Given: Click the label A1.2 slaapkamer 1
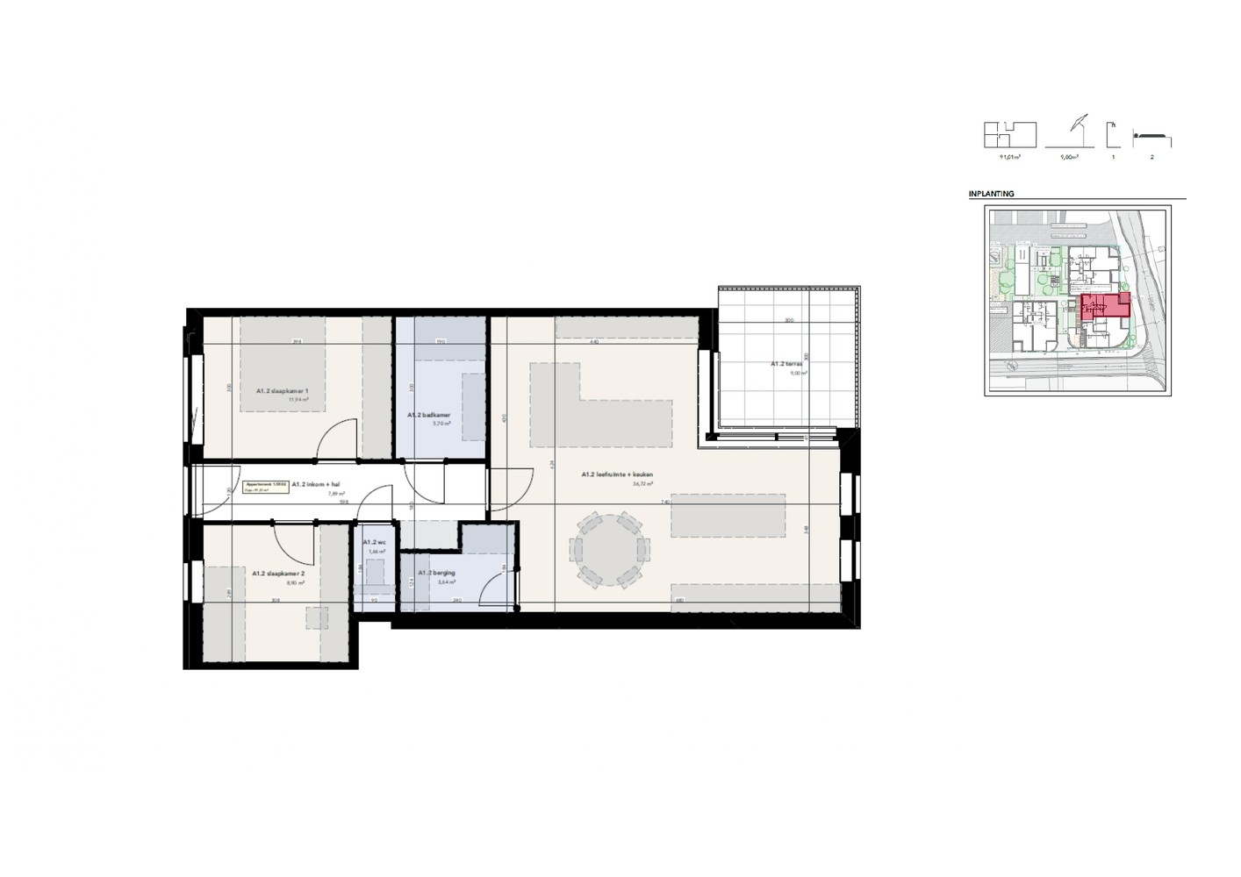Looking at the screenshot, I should (282, 390).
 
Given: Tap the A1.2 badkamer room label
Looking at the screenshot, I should (428, 415).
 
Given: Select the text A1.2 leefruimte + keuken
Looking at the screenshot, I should (617, 474).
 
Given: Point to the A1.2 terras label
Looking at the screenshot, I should (787, 363).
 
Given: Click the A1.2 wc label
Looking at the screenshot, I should (374, 543).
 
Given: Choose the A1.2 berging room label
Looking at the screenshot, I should (435, 573).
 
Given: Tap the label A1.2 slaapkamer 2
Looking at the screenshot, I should (277, 574).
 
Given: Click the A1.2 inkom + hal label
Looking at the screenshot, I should (315, 483).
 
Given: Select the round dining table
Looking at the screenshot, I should (609, 550).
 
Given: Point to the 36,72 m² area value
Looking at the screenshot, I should (642, 483).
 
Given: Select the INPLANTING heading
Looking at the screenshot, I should (991, 194).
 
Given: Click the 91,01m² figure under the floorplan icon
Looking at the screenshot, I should (1009, 158).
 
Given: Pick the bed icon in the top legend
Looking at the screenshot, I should (1151, 138).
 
